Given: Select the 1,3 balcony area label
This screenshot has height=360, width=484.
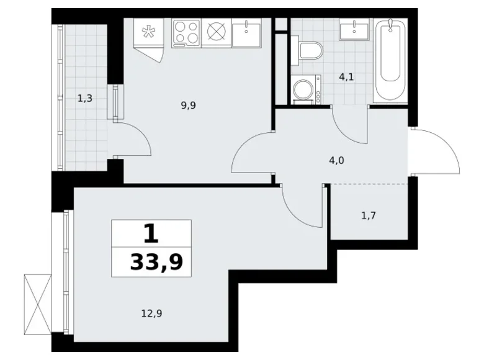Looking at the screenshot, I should click(x=85, y=97).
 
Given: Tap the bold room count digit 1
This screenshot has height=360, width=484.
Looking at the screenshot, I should click(x=151, y=235).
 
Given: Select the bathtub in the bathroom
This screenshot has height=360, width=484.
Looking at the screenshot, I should click(x=390, y=60).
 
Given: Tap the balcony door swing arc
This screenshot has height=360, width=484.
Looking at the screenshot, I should click(x=136, y=140).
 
